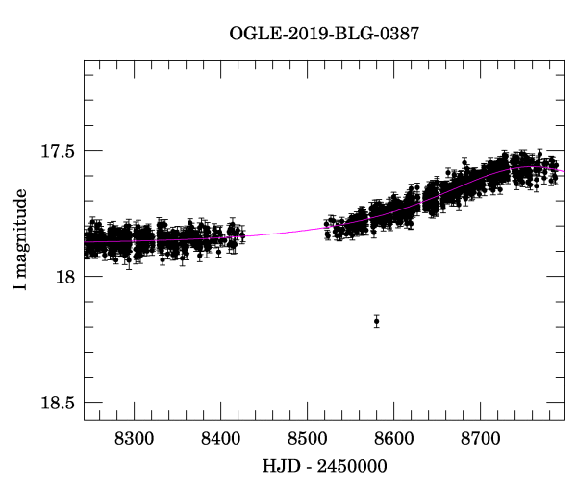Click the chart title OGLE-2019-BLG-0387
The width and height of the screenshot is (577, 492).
pyautogui.click(x=324, y=34)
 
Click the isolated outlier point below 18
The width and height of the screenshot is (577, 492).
pyautogui.click(x=376, y=321)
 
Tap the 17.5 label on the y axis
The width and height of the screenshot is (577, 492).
pyautogui.click(x=58, y=151)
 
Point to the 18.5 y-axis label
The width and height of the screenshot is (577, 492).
pyautogui.click(x=58, y=403)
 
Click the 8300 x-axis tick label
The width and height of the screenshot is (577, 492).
pyautogui.click(x=134, y=438)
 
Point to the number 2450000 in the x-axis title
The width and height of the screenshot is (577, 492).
pyautogui.click(x=353, y=467)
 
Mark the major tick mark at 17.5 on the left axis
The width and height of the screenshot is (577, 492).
pyautogui.click(x=89, y=151)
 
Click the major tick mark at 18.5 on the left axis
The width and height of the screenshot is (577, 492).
pyautogui.click(x=89, y=402)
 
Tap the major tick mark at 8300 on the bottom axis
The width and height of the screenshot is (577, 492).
pyautogui.click(x=134, y=415)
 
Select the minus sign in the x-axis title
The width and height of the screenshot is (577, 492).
pyautogui.click(x=308, y=468)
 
